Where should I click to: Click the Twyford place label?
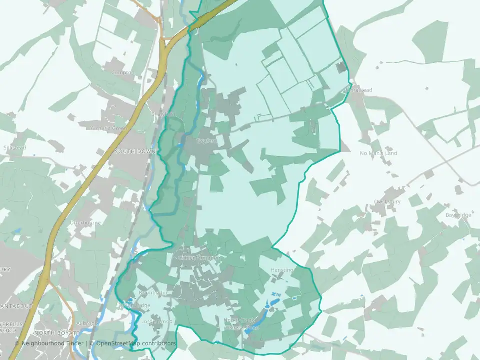point(206,141)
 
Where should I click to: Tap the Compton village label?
point(123,73)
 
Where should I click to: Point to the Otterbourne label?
point(85,223)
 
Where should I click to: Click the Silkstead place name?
point(14,148)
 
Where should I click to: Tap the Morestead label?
point(359,90)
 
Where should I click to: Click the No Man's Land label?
point(379,153)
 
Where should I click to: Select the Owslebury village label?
point(388,202)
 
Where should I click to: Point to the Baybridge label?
point(458,215)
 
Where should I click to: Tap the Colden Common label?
point(199,258)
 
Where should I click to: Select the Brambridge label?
point(154,292)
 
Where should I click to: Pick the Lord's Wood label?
point(157,321)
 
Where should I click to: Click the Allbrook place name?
point(87,323)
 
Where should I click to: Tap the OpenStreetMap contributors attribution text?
point(136,343)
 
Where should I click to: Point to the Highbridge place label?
point(136,305)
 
